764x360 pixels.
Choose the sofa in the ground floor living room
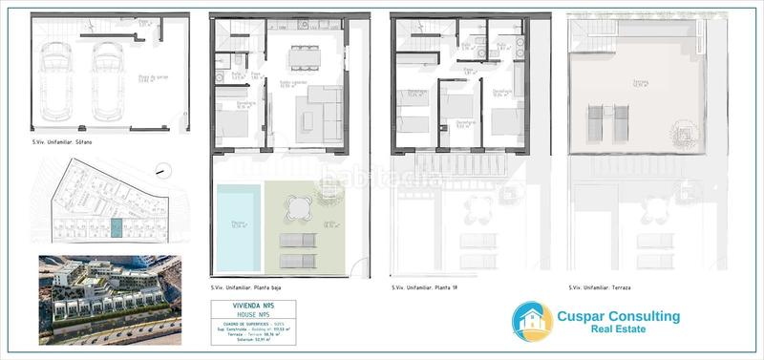(330, 113)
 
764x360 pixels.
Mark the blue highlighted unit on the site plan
(117, 228)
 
